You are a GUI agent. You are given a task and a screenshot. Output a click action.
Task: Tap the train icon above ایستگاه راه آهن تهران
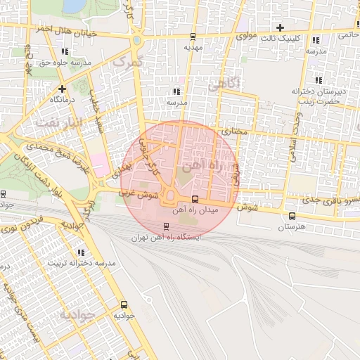pos(166,226)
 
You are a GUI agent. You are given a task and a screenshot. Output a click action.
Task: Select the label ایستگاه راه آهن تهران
pos(166,238)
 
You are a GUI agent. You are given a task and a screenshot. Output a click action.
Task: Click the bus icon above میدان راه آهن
pos(195,199)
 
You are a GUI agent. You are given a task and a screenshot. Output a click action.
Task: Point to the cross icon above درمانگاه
pos(63,89)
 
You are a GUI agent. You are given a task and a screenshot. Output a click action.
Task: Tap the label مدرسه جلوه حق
pos(65,63)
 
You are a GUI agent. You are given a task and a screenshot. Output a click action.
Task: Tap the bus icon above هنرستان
pos(291,215)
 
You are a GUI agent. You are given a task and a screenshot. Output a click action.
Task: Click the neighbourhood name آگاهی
pos(225,83)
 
